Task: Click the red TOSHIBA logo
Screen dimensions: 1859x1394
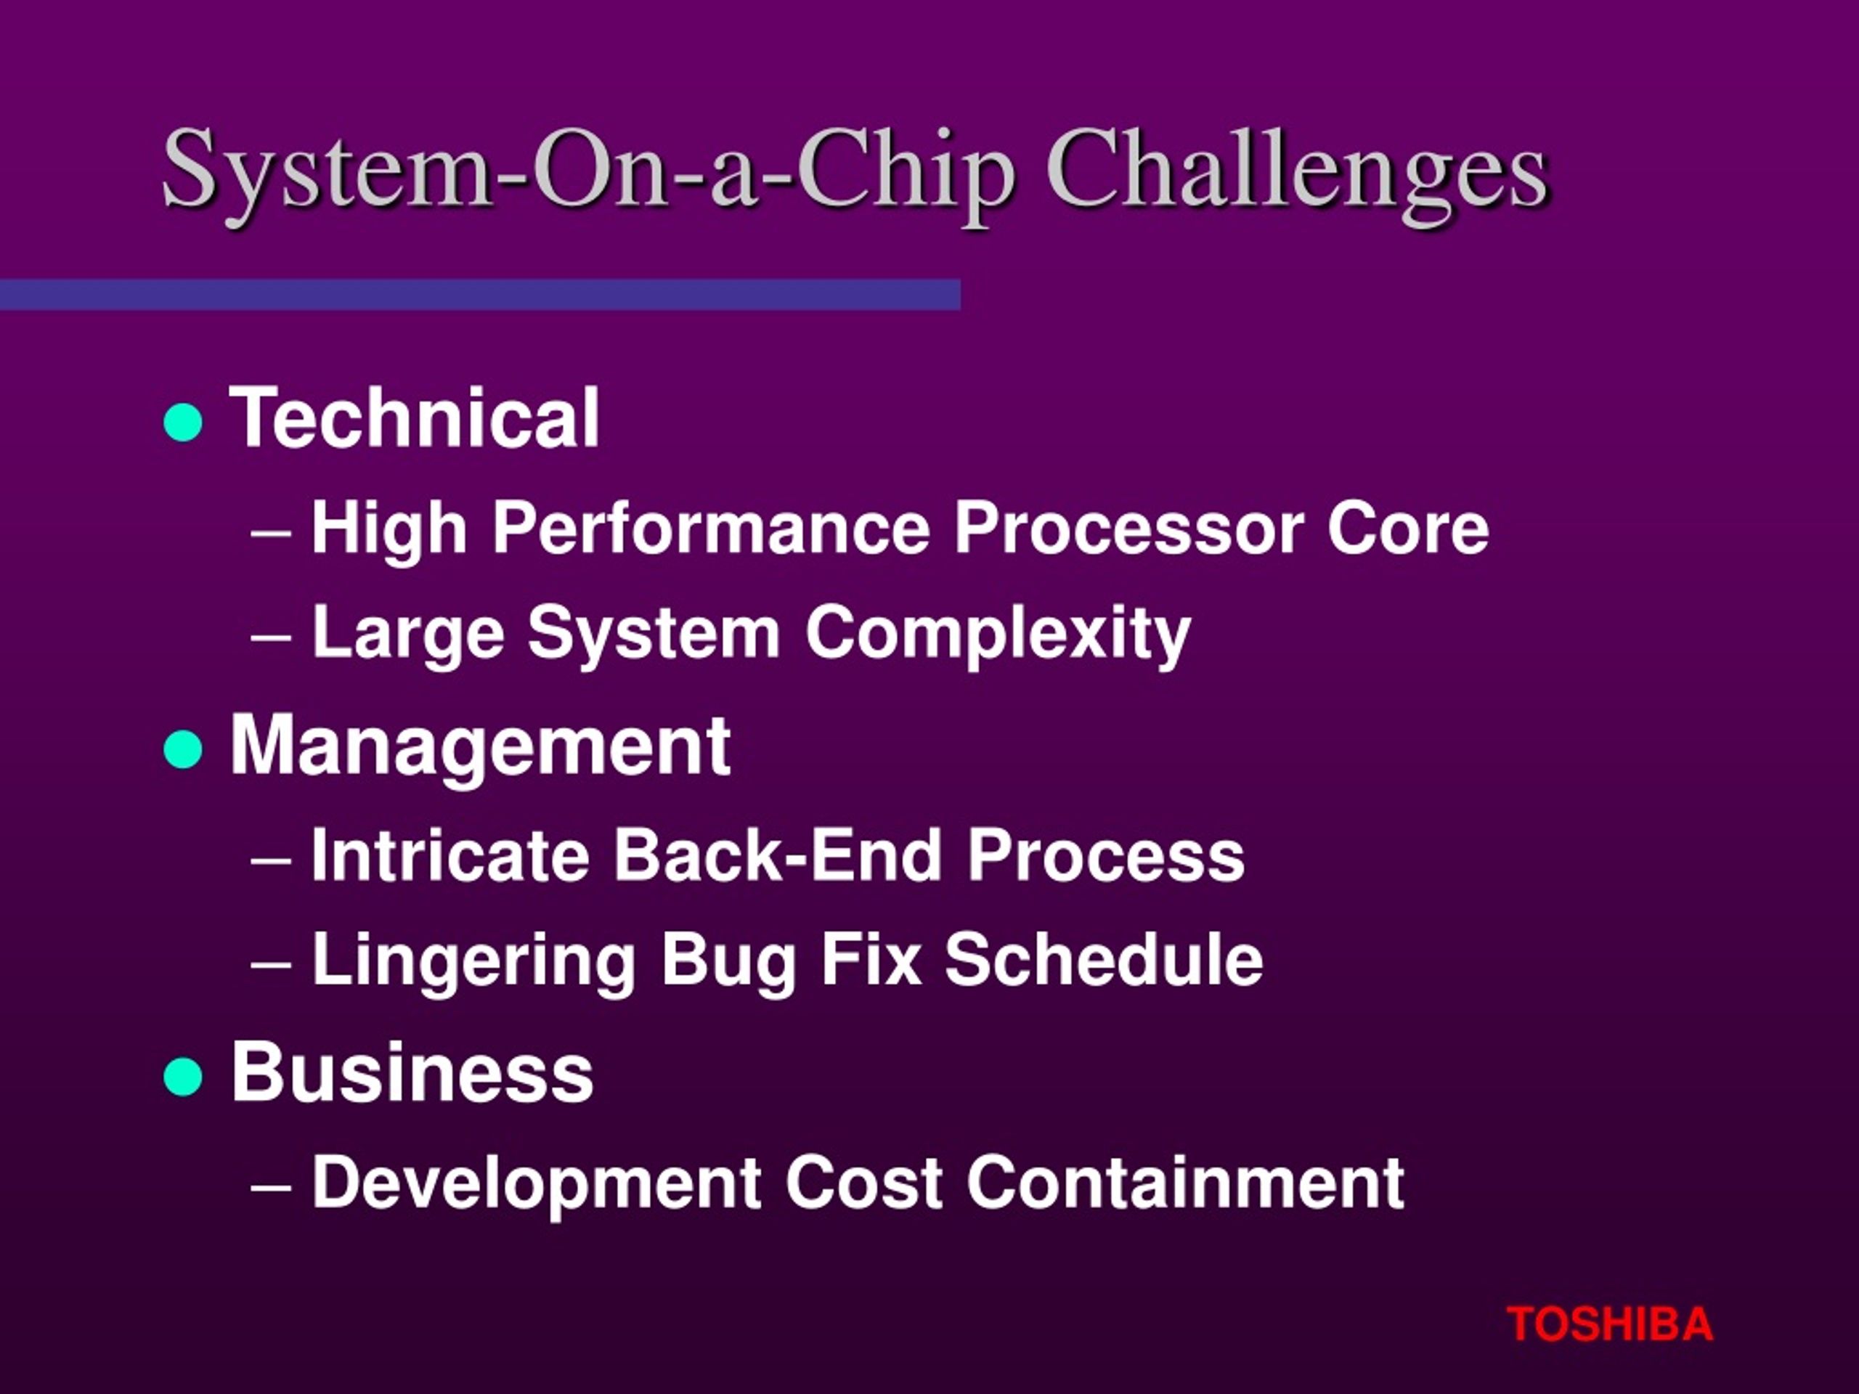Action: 1609,1324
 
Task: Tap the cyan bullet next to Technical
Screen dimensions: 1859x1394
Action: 183,422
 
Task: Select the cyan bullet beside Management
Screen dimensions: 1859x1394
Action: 183,749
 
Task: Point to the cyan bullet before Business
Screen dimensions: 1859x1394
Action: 183,1077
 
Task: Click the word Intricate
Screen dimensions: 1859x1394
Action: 450,855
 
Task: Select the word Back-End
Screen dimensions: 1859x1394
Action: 778,855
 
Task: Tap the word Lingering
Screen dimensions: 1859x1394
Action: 473,961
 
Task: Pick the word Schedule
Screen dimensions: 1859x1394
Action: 1104,960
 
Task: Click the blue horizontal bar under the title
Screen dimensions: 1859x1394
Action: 480,295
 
